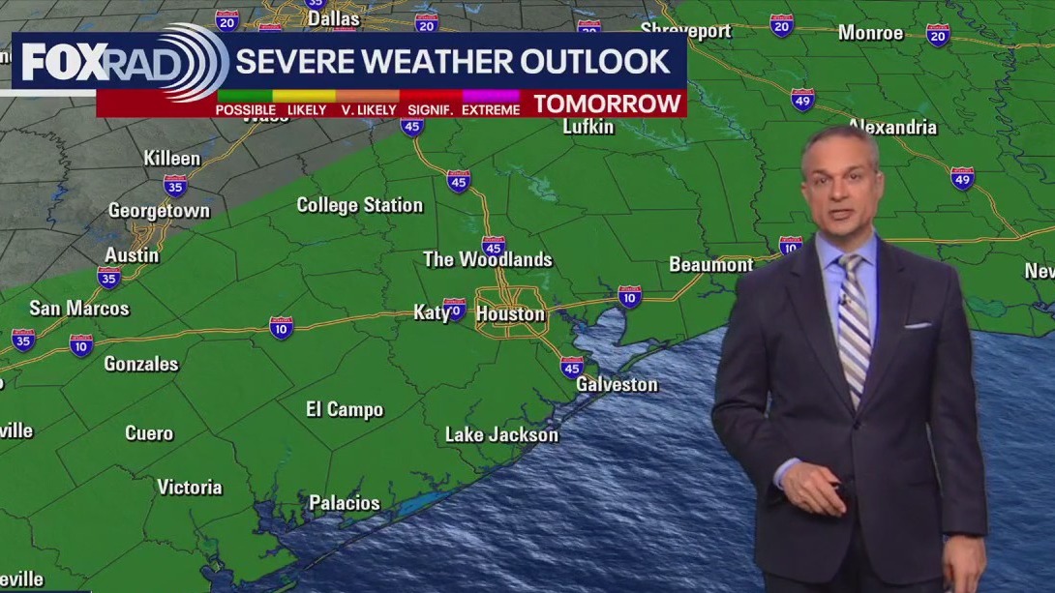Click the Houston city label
coord(510,314)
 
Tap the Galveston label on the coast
coord(617,384)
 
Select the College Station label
coord(359,205)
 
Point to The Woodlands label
coord(488,259)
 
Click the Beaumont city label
coord(710,264)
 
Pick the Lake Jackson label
coord(501,434)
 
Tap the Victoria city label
coord(190,487)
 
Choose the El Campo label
coord(345,409)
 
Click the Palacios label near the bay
coord(345,503)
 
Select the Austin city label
coord(133,254)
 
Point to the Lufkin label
coord(588,127)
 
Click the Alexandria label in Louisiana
coord(892,127)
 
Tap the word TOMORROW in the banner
coord(608,104)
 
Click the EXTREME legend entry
coord(491,109)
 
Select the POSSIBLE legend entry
coord(245,109)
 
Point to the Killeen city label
coord(172,159)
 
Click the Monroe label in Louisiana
coord(870,33)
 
